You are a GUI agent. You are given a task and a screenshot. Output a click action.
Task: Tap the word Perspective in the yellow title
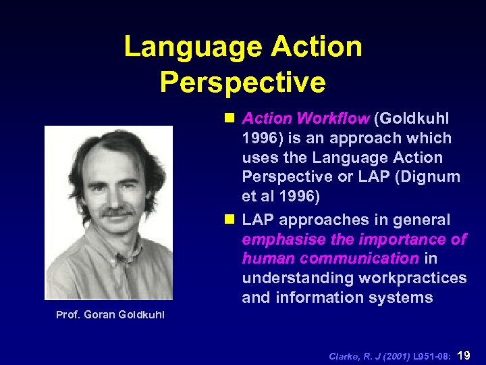click(243, 82)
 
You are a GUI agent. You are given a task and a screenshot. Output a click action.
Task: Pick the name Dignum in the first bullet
click(431, 177)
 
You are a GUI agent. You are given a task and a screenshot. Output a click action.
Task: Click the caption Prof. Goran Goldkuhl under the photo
click(110, 315)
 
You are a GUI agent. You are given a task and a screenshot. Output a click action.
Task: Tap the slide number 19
click(465, 354)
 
